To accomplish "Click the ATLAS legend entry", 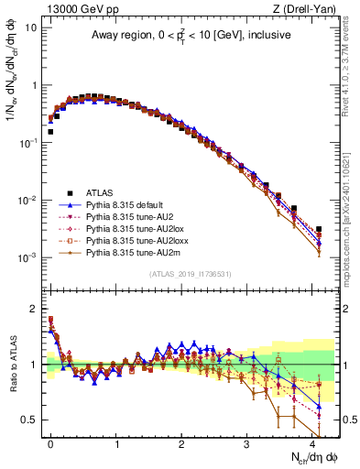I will (x=99, y=193).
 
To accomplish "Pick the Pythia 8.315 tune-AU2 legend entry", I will (x=134, y=217).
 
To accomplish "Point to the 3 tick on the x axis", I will (x=246, y=442).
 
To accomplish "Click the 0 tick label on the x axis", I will (x=51, y=442).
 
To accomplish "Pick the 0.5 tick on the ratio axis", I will (x=28, y=420).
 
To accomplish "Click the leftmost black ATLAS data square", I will (x=50, y=131).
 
